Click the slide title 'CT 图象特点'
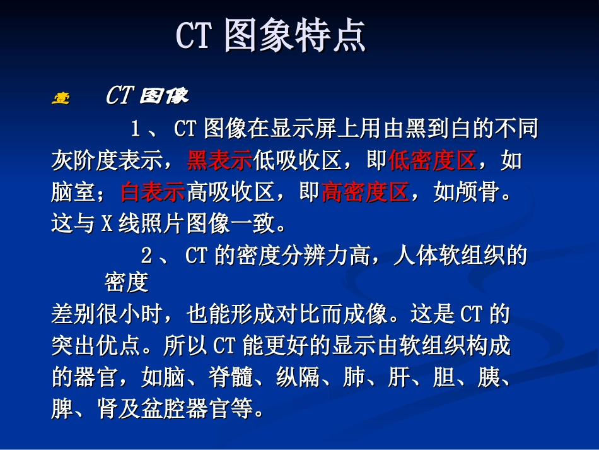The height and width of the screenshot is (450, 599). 270,36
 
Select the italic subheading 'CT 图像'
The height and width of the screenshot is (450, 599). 147,96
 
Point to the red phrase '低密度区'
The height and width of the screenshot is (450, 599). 432,162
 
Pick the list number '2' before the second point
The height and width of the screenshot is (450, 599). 146,256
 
